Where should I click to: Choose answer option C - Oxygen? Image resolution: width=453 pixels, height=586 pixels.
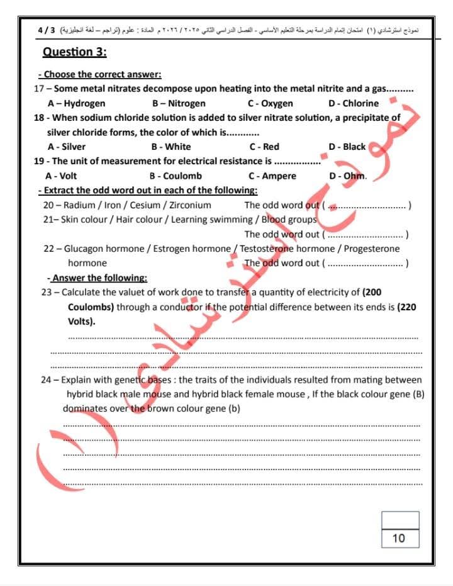tap(270, 103)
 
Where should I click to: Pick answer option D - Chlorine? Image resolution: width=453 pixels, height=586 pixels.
tap(354, 103)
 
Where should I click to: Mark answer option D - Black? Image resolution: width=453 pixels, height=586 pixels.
tap(347, 147)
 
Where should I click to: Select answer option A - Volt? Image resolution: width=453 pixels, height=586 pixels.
tap(62, 176)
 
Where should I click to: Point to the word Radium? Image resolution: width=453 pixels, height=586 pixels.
tap(79, 205)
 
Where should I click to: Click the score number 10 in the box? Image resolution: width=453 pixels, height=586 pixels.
tap(399, 538)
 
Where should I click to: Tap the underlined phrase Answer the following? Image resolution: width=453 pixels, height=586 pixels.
tap(99, 278)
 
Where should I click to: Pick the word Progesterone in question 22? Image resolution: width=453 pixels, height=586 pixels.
tap(371, 249)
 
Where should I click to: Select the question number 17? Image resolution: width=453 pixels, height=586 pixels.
tap(39, 89)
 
